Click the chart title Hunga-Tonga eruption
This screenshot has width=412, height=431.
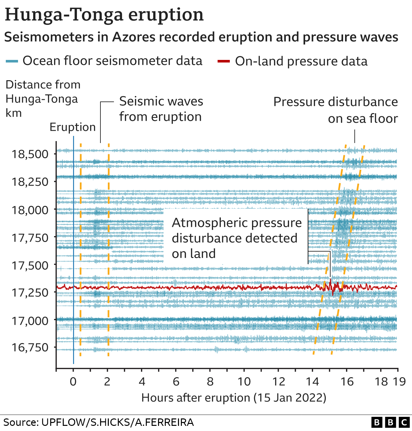pos(104,15)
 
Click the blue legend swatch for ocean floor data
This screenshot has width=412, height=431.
pos(12,61)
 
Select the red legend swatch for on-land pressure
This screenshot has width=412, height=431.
pos(224,61)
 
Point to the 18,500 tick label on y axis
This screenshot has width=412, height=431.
pos(30,154)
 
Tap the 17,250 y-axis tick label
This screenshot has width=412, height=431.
pos(30,292)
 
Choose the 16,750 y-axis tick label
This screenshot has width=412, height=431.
pos(30,347)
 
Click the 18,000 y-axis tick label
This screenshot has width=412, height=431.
pos(30,210)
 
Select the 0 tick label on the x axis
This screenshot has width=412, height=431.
pos(73,381)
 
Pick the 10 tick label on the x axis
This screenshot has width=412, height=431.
pos(244,381)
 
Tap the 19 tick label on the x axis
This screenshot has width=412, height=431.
pos(399,381)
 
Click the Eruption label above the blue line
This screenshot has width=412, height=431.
pos(72,127)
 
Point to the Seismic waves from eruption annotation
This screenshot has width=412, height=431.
pos(161,109)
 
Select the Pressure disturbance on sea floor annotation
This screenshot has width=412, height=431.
pos(336,110)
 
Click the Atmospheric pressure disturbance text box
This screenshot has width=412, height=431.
pos(237,238)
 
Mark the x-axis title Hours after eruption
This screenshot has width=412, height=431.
pos(234,397)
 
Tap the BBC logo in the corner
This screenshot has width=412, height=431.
pos(390,422)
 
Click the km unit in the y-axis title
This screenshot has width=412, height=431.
pos(14,113)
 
